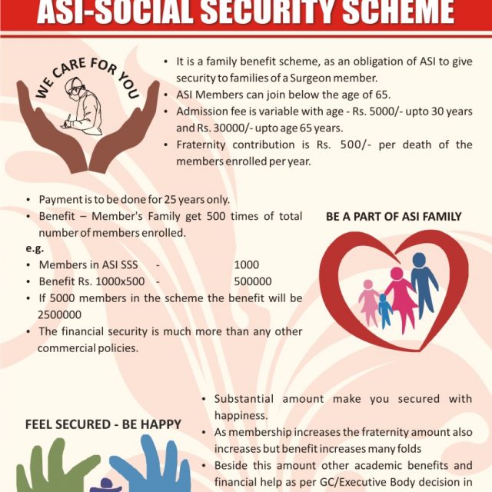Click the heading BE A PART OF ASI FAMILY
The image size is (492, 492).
point(394,217)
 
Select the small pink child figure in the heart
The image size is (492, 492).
point(369,302)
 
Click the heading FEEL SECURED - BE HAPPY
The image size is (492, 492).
point(103,424)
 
